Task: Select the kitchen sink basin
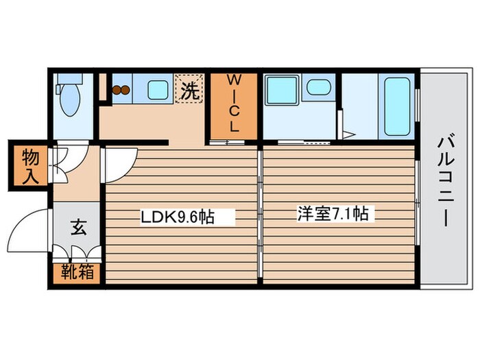(158, 89)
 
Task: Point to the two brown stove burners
(121, 89)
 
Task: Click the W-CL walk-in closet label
(233, 104)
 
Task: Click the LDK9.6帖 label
(178, 218)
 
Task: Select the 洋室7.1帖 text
(332, 214)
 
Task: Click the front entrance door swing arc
(31, 226)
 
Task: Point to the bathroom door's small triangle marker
(348, 133)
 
